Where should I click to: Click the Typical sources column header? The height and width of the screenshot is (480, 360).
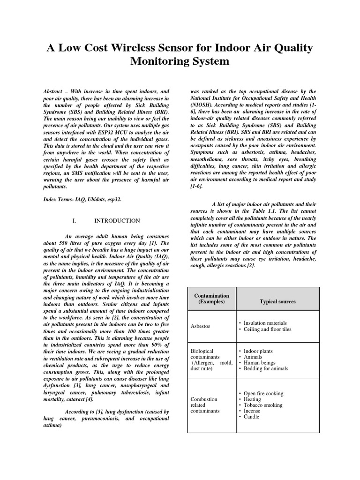(x=277, y=301)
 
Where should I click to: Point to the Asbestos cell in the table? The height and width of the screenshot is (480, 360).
(x=201, y=326)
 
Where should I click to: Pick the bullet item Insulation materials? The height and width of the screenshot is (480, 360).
(x=265, y=323)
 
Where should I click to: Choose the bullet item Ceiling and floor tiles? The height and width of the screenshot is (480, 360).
(x=267, y=330)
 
